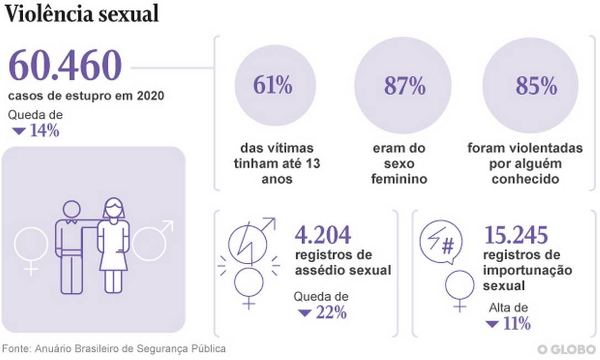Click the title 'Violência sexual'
[x=82, y=14]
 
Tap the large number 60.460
[x=65, y=66]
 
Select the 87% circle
[x=402, y=86]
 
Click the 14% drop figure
[x=44, y=131]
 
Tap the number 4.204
[x=323, y=235]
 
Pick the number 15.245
[x=516, y=235]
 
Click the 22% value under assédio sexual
[x=331, y=313]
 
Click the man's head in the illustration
[x=71, y=210]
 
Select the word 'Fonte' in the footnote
[x=15, y=349]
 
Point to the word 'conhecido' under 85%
[x=525, y=179]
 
